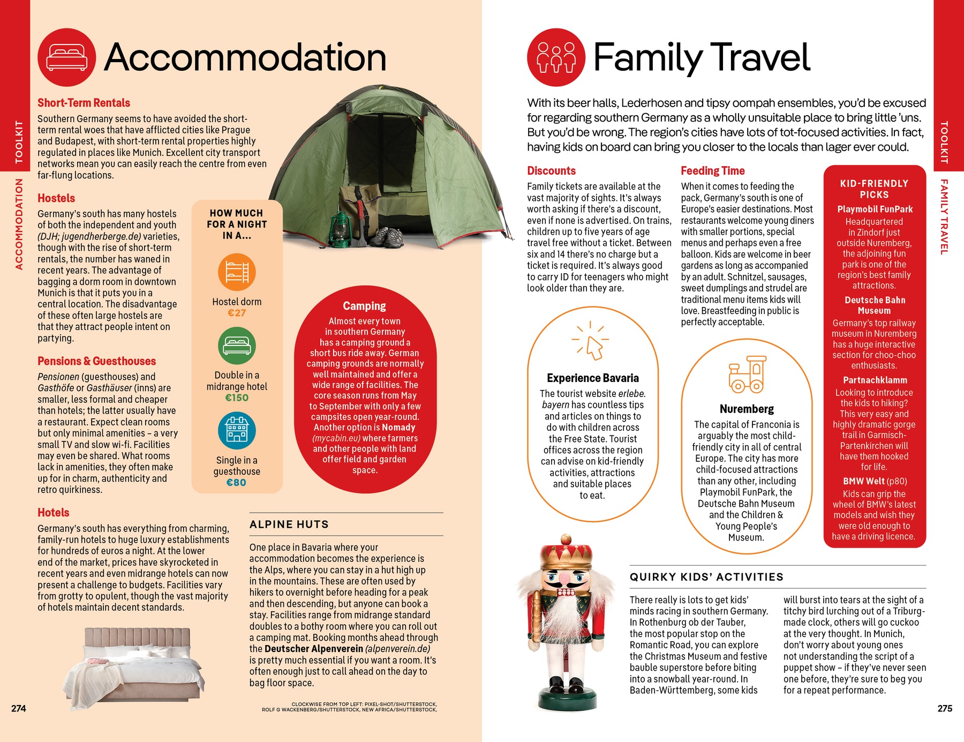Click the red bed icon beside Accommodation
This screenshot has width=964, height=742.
click(66, 57)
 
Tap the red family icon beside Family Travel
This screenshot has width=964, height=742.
click(556, 57)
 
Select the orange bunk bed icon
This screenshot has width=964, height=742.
click(237, 272)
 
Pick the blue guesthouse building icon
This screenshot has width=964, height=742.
click(237, 430)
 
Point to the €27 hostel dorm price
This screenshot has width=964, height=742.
click(237, 313)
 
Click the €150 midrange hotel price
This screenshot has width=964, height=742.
click(237, 398)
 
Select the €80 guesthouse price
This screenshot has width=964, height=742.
click(236, 482)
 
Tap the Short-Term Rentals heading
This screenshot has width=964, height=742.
click(84, 103)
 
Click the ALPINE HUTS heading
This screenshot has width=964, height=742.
click(289, 524)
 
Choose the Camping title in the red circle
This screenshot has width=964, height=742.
click(364, 306)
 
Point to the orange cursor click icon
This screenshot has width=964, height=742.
click(591, 342)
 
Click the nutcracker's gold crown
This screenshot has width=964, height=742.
click(566, 557)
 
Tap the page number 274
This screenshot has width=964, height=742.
click(19, 708)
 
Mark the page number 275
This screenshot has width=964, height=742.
click(945, 708)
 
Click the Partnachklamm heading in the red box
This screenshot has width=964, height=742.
click(875, 380)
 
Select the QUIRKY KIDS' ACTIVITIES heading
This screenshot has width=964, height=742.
click(706, 577)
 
